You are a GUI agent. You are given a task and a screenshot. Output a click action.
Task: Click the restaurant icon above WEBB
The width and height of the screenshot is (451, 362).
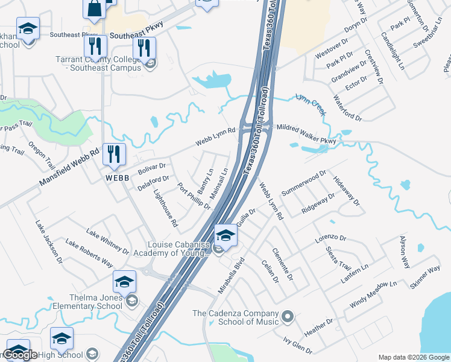point(113,155)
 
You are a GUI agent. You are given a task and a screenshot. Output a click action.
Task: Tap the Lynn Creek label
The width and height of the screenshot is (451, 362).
point(311,104)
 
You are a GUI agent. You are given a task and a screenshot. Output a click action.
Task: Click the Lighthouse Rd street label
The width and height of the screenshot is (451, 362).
point(166,209)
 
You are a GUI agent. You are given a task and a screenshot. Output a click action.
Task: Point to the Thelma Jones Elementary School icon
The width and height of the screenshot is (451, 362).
point(124,282)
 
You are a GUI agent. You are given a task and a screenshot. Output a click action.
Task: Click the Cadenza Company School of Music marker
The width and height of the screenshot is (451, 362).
point(288,316)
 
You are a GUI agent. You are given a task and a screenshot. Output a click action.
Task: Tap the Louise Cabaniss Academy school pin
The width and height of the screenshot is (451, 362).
point(225,234)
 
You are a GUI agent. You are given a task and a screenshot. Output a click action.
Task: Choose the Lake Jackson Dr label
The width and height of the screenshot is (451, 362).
point(49,242)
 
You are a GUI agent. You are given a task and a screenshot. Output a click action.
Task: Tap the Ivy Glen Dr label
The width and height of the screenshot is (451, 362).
point(298,346)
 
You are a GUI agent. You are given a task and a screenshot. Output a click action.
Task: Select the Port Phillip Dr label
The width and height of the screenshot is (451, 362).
point(194,196)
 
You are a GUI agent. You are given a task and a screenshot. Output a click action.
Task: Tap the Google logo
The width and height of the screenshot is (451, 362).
point(20,355)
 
